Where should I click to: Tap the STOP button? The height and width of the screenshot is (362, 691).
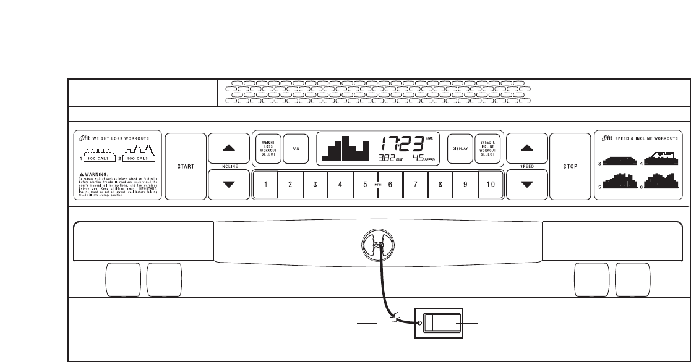click(570, 166)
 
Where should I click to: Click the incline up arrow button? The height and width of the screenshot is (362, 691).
click(229, 148)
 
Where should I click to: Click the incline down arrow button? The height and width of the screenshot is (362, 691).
click(229, 184)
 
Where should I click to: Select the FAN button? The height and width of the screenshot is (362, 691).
click(296, 149)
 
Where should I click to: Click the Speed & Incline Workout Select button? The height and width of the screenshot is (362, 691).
click(487, 149)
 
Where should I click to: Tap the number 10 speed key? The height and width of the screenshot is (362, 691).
click(491, 184)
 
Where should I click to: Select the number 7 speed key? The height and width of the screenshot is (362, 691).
click(415, 184)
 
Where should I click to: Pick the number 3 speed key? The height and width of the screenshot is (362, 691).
click(315, 184)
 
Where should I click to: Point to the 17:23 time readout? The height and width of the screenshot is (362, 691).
click(402, 144)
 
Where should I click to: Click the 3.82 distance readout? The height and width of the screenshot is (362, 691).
click(388, 159)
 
